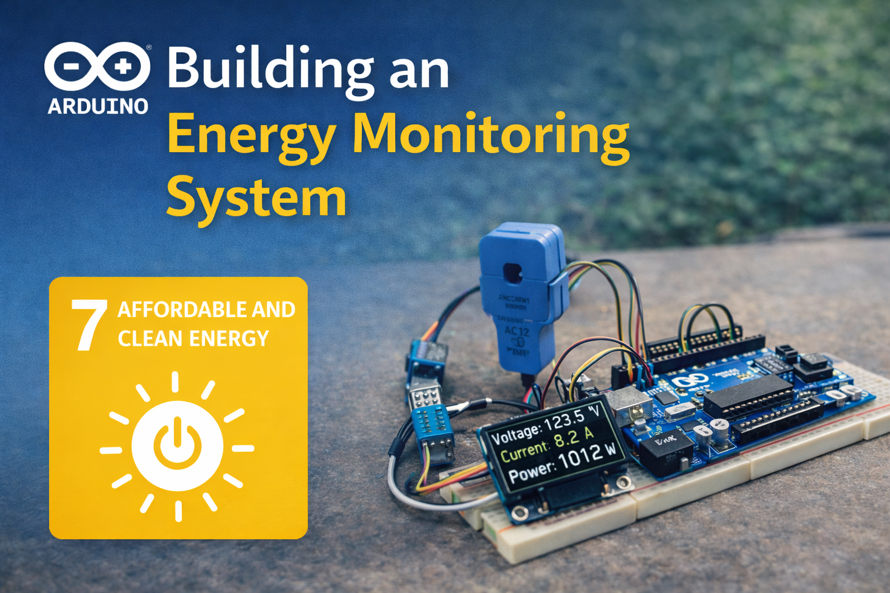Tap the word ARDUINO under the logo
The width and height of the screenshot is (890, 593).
pyautogui.click(x=98, y=107)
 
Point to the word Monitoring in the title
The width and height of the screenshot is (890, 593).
pyautogui.click(x=491, y=134)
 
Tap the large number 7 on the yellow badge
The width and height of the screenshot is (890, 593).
pyautogui.click(x=89, y=325)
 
